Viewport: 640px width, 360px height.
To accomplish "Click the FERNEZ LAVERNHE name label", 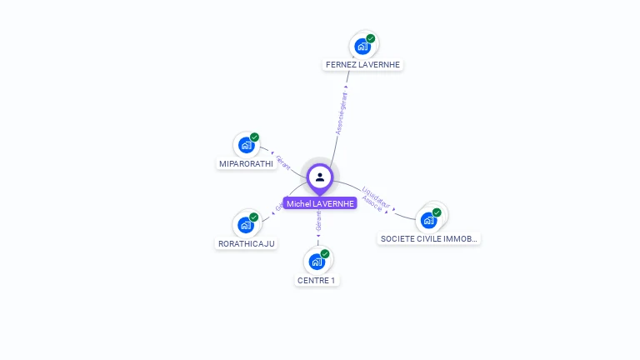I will point(362,64).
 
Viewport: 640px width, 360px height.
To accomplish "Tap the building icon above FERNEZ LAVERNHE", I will point(362,47).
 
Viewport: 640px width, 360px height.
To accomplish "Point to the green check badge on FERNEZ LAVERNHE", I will point(371,38).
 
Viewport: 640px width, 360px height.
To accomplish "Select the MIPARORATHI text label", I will point(246,163).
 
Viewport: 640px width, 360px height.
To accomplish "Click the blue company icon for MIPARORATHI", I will point(246,146).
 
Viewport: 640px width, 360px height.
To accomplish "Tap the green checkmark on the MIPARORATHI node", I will point(254,137).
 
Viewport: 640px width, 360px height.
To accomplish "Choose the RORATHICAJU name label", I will point(246,243).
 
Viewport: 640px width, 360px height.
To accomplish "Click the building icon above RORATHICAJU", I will point(245,225).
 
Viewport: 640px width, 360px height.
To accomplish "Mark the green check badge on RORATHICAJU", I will point(253,217).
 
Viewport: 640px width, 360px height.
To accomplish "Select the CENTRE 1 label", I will point(316,280).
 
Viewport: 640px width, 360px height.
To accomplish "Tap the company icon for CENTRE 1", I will point(317,262).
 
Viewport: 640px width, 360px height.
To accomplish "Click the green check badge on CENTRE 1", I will point(325,254).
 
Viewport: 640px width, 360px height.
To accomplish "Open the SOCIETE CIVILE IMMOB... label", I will point(429,238).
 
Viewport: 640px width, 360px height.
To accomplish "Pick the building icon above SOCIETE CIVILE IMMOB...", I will point(428,221).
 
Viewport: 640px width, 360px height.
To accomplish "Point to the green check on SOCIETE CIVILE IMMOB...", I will point(437,212).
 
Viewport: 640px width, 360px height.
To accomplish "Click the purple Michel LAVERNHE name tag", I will point(320,203).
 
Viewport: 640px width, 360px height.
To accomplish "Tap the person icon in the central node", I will point(320,177).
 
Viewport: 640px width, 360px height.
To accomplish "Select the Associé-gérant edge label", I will point(341,112).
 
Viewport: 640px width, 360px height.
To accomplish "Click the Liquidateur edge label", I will point(377,196).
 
